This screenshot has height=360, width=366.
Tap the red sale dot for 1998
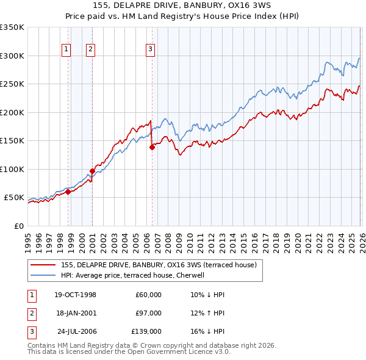click(x=68, y=192)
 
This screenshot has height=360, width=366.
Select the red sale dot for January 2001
click(x=92, y=171)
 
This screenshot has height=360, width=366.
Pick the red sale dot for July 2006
click(x=152, y=147)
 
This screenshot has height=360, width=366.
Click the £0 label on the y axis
click(x=18, y=226)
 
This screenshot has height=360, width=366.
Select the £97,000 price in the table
click(x=148, y=313)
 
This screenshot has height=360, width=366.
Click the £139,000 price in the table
click(x=146, y=331)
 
